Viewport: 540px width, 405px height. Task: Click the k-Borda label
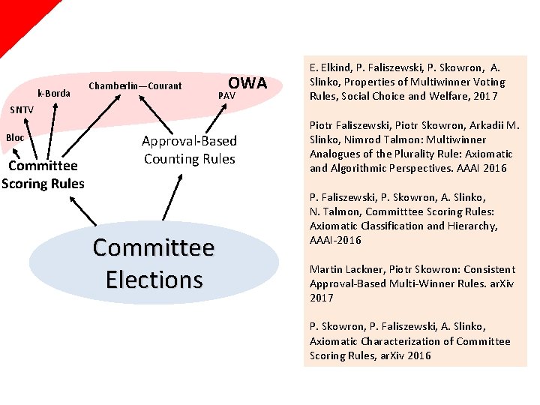point(54,94)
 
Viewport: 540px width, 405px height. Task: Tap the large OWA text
point(247,83)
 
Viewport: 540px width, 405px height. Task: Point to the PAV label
point(226,97)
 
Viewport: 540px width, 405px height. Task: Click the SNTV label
point(22,110)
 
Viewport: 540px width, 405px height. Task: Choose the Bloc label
point(16,137)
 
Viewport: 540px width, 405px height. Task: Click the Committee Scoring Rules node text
point(43,174)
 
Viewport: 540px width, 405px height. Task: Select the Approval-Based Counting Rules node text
point(190,150)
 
